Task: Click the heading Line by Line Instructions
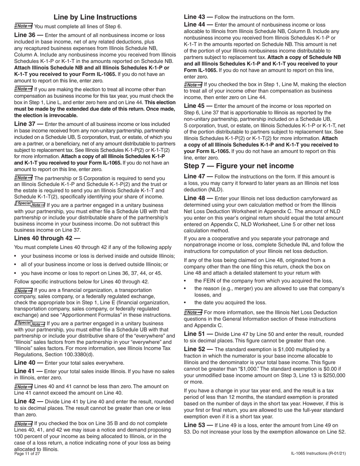tap(95, 17)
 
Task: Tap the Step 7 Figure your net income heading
tap(239, 166)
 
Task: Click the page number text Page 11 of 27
tap(27, 453)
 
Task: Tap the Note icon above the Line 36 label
tap(23, 26)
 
